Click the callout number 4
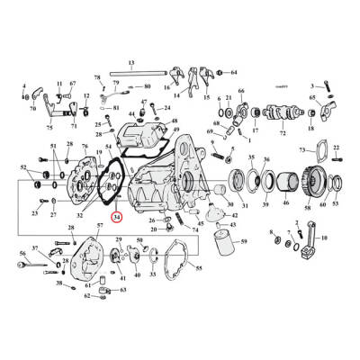tap(24, 86)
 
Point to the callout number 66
tap(240, 91)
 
